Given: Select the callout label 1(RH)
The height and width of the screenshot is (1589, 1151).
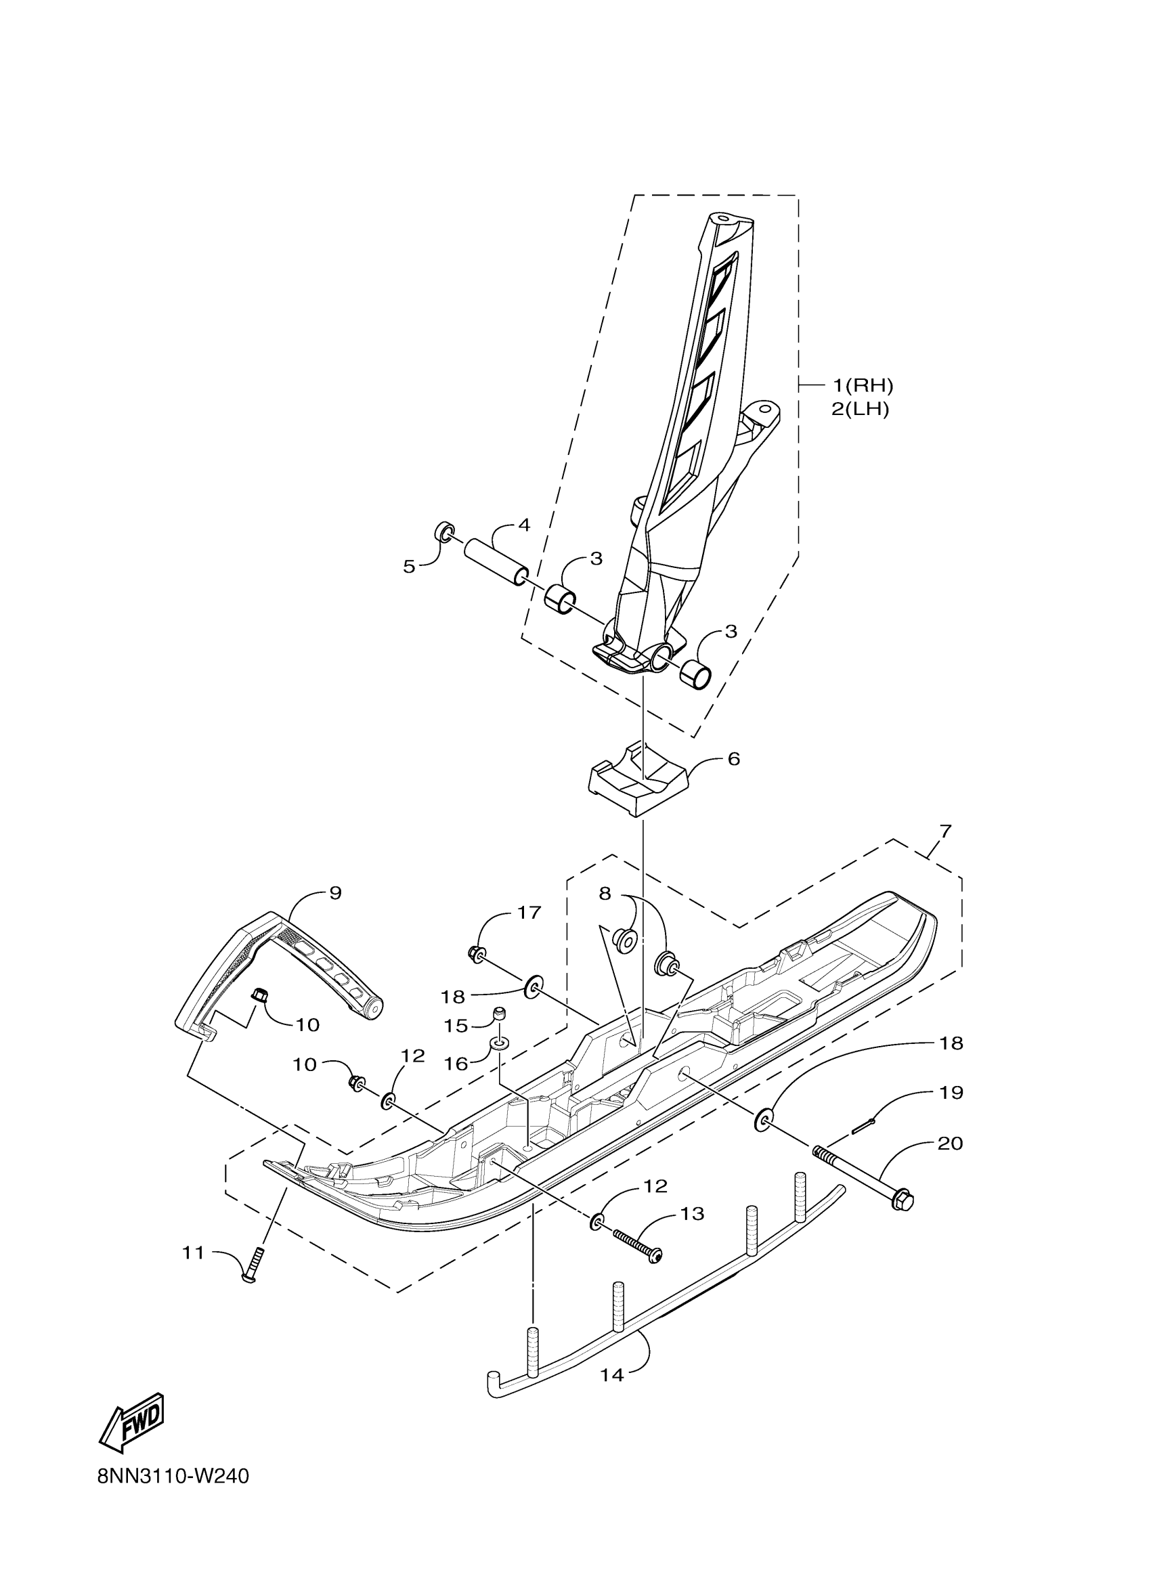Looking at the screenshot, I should coord(863,385).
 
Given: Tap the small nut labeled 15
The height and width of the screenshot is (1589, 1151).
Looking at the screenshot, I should coord(500,1013).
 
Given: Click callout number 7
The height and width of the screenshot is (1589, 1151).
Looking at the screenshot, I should coord(945,831).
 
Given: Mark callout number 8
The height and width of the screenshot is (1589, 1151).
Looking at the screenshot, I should coord(605,893).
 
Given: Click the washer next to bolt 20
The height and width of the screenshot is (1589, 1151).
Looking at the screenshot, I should coord(764,1119).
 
